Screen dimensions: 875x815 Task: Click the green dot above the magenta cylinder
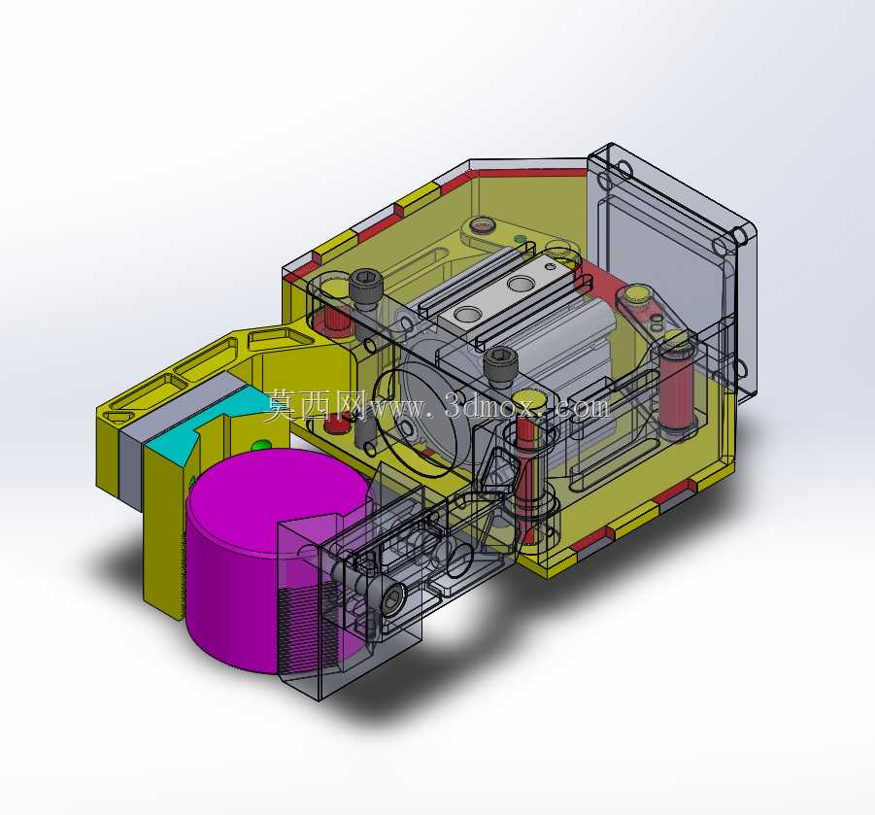tap(260, 446)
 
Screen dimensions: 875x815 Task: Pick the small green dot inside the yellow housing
tap(521, 238)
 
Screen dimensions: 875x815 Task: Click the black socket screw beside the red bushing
tap(366, 289)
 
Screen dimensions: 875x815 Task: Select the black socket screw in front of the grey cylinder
tap(500, 365)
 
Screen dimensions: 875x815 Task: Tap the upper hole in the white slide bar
tap(521, 284)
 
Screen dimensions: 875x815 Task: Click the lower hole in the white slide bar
tap(467, 315)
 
